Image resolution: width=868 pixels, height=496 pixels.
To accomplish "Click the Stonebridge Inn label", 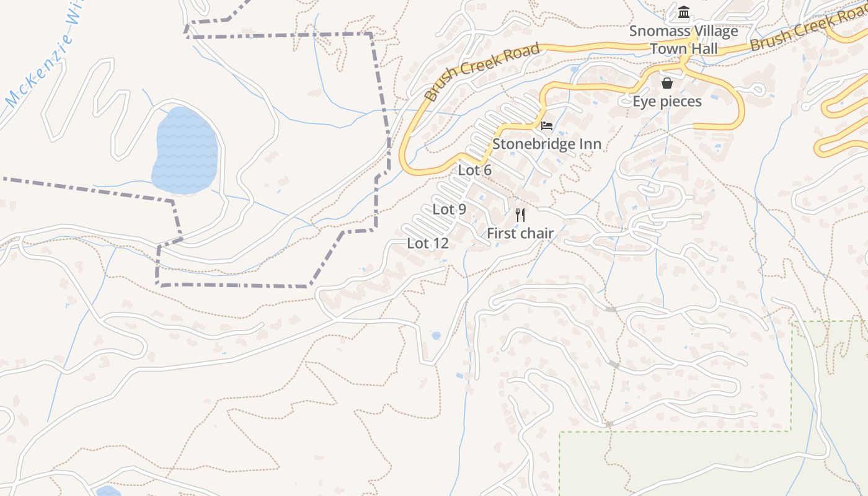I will point(546,144).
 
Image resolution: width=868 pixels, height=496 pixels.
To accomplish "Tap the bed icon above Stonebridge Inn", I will point(547,126).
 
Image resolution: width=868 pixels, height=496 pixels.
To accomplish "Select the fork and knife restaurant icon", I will point(520,215).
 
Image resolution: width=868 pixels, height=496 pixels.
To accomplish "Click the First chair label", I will point(520,234).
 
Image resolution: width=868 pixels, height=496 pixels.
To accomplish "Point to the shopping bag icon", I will point(667,83).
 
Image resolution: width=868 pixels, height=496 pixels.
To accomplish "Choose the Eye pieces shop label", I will point(667,102).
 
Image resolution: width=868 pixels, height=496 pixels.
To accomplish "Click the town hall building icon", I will point(684,12).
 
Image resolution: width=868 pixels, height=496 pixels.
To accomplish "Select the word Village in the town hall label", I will point(711,31).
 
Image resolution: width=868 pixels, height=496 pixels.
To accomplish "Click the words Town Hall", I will point(684,49).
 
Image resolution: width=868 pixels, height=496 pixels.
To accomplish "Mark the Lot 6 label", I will point(474,170).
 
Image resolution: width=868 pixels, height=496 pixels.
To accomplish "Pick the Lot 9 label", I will point(449,210).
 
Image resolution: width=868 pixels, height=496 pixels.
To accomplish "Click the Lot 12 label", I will point(427,244).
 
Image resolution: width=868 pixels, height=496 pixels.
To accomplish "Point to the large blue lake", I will point(185,150).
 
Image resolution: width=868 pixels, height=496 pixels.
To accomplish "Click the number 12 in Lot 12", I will point(440,244).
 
